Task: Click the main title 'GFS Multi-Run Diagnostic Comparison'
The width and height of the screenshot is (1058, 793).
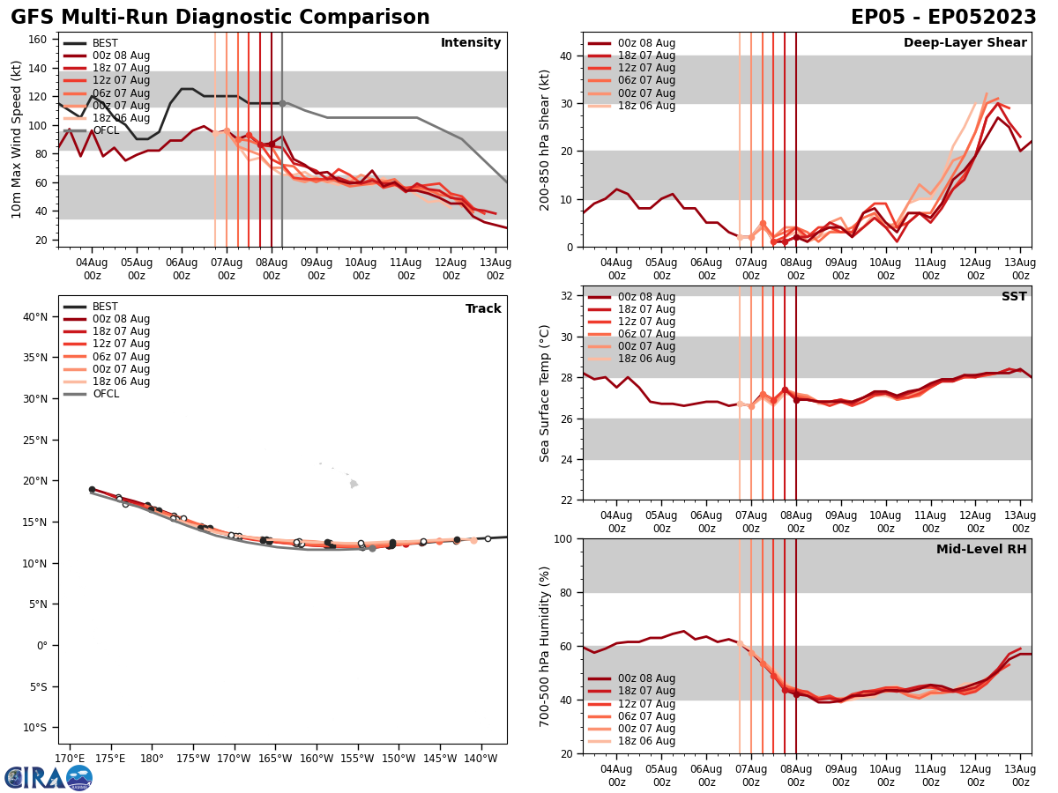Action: (x=220, y=18)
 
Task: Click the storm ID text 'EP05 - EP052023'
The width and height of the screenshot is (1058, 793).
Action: (x=943, y=18)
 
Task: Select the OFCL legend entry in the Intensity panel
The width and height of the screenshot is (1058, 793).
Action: (x=106, y=130)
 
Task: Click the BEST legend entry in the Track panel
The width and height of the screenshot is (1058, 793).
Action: (x=105, y=307)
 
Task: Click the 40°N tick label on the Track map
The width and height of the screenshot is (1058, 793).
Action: (x=35, y=316)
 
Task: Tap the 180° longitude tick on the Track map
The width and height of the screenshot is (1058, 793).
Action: (x=152, y=759)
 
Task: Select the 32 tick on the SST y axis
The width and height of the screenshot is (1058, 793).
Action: (x=568, y=296)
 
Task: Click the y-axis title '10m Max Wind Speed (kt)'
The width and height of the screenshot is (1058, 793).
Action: (x=17, y=139)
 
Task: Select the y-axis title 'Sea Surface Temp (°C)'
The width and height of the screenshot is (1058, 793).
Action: (x=546, y=393)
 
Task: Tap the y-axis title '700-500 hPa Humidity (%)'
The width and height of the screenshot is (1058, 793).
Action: (x=546, y=646)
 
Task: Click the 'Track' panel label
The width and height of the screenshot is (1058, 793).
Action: (x=483, y=308)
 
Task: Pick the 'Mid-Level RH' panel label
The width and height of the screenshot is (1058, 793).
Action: (x=981, y=550)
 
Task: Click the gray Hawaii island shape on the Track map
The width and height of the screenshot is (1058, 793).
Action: (x=354, y=484)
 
